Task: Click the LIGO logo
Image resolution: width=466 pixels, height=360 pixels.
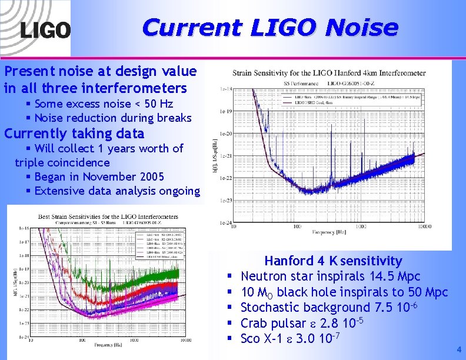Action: [x=45, y=30]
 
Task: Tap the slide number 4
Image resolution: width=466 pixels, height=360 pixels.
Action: [x=459, y=349]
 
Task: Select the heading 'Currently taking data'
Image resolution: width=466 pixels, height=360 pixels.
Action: [x=74, y=133]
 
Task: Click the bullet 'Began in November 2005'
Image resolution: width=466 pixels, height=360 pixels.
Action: [x=99, y=176]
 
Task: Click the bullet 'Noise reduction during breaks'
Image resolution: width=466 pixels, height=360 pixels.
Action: [x=113, y=118]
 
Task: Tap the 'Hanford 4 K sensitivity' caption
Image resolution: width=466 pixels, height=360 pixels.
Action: [x=333, y=261]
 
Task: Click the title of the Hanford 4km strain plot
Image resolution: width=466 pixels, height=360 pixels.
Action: [x=329, y=74]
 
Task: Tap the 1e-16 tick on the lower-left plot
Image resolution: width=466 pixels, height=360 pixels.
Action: [x=24, y=228]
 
